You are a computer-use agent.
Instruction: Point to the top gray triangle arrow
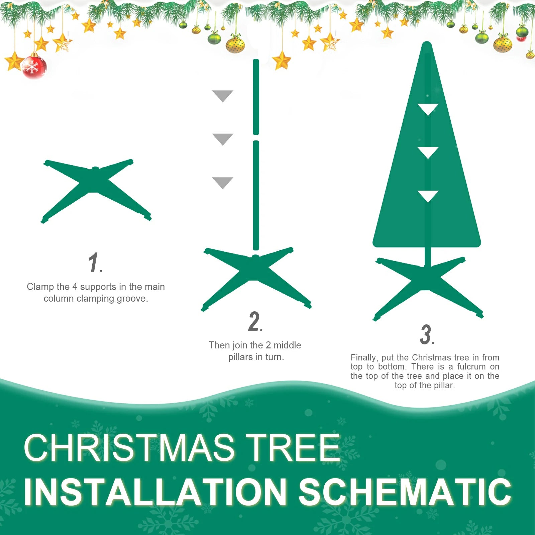[222, 95]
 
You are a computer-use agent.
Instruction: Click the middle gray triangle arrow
[222, 139]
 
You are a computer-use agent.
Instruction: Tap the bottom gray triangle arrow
[222, 182]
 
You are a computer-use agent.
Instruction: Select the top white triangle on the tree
[428, 109]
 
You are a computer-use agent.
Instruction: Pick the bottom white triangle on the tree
[428, 196]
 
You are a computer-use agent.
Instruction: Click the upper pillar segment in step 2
[256, 97]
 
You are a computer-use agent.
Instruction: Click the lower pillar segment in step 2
[256, 196]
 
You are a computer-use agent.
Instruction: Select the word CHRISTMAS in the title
[129, 448]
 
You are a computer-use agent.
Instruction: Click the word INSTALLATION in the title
[155, 492]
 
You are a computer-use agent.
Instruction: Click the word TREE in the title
[293, 448]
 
